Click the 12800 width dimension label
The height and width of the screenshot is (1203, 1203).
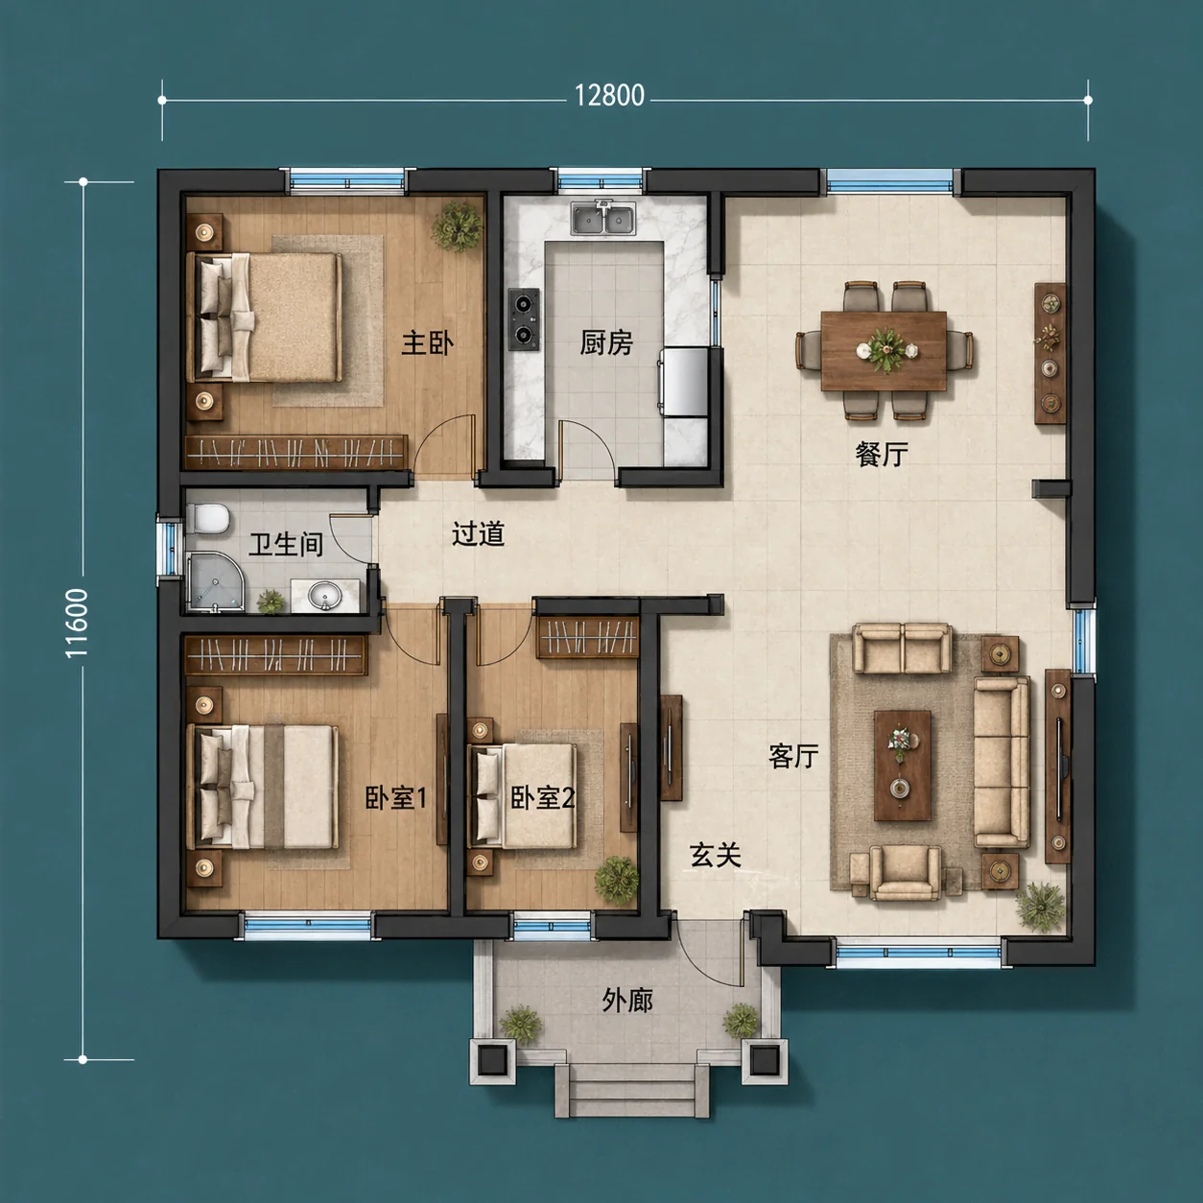(608, 96)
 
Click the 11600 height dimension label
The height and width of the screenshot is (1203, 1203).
(77, 623)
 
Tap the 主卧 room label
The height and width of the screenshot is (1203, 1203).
(428, 343)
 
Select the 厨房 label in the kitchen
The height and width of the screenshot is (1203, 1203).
(606, 342)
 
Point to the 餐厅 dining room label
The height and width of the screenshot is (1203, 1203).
(882, 455)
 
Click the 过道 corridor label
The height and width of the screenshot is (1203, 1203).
(478, 533)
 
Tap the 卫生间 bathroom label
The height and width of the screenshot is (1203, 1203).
(286, 544)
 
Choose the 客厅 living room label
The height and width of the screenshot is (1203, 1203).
(793, 756)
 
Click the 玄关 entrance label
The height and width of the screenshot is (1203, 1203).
(716, 855)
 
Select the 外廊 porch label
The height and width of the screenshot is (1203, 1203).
(627, 1001)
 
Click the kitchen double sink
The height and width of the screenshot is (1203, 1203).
(603, 218)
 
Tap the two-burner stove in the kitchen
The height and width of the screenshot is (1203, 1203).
(525, 319)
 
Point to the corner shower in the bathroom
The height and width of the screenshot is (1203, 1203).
(216, 582)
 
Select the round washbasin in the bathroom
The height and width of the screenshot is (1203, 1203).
(324, 595)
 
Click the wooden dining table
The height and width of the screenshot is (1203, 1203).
(884, 350)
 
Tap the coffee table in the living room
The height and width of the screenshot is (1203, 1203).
(902, 766)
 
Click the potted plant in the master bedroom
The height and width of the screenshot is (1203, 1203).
(459, 225)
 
